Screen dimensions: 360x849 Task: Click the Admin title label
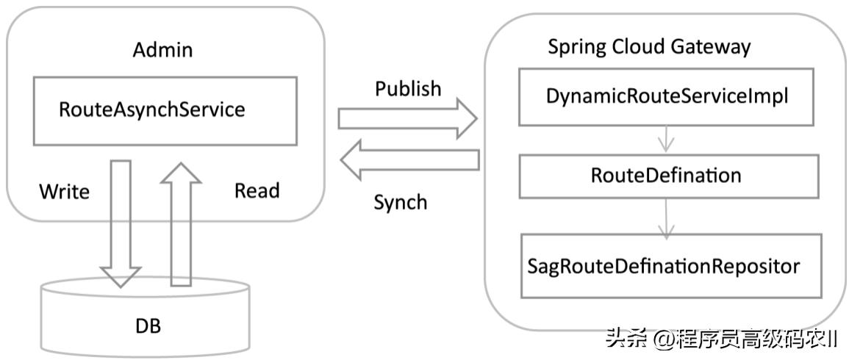[162, 50]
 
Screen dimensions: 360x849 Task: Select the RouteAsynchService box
[165, 110]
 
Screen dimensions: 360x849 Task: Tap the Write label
[64, 192]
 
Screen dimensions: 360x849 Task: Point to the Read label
[257, 191]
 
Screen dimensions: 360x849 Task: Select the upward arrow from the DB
[181, 223]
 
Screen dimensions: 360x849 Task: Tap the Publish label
[408, 89]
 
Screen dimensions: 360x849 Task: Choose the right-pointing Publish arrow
[407, 119]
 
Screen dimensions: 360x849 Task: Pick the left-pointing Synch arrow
[409, 161]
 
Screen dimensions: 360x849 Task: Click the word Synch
[400, 203]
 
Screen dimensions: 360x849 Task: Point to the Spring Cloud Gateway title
[649, 47]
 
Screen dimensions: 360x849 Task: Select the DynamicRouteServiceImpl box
[667, 97]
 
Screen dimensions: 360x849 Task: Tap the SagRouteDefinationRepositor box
[670, 265]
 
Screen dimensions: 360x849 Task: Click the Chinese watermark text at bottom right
[721, 339]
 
